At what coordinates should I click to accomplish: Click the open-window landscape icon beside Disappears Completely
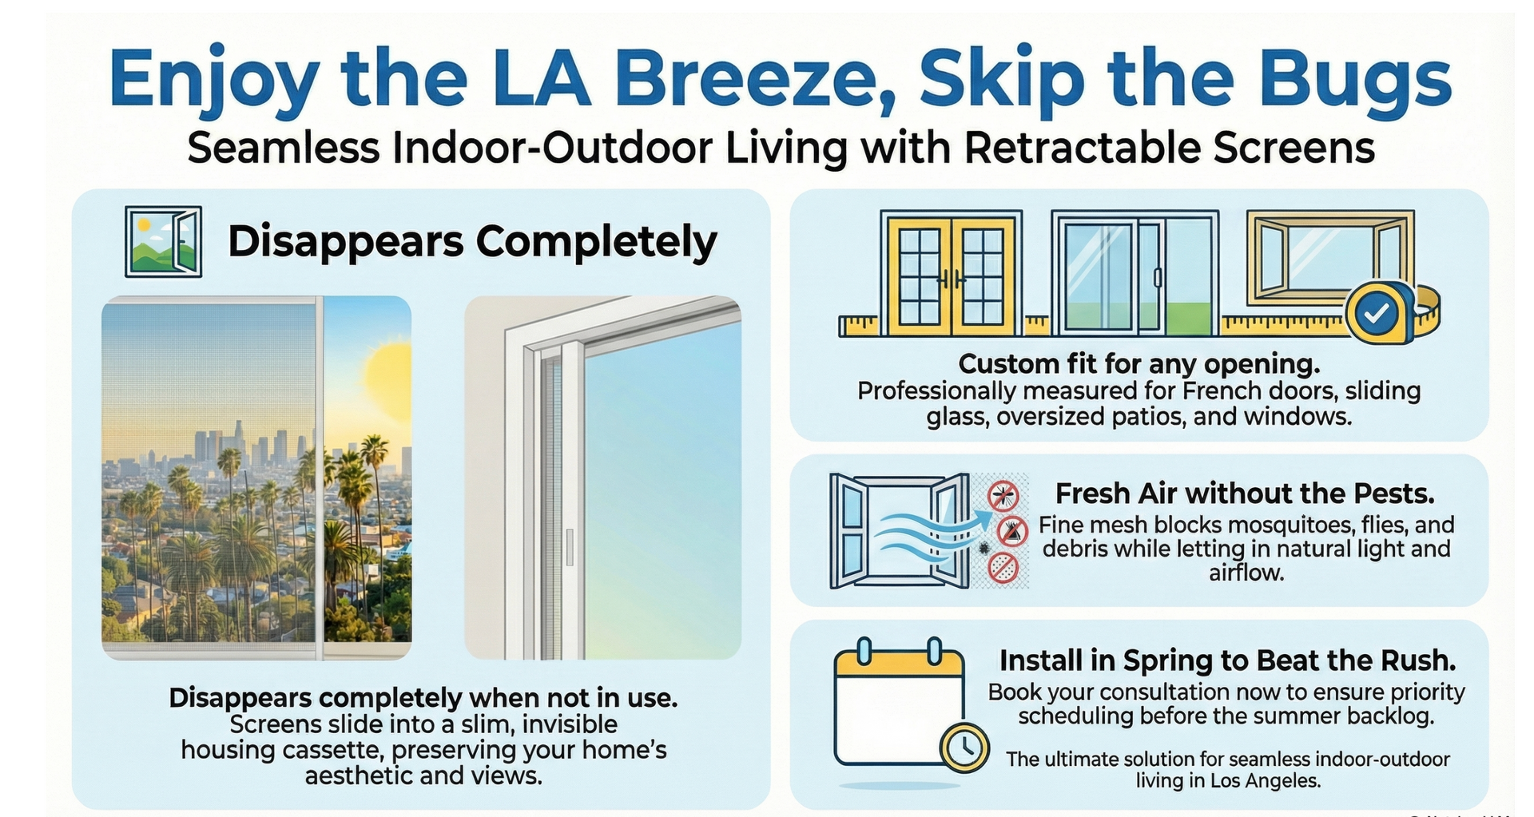(x=163, y=241)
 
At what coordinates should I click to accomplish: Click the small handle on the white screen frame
(x=569, y=546)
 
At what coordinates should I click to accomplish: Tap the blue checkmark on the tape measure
(x=1377, y=315)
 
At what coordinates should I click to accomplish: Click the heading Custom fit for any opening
(x=1139, y=364)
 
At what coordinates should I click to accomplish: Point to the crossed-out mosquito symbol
(x=1003, y=495)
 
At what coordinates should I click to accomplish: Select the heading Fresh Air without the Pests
(x=1244, y=494)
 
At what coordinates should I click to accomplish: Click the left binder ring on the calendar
(x=864, y=651)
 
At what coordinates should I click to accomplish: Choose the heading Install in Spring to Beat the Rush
(x=1227, y=660)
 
